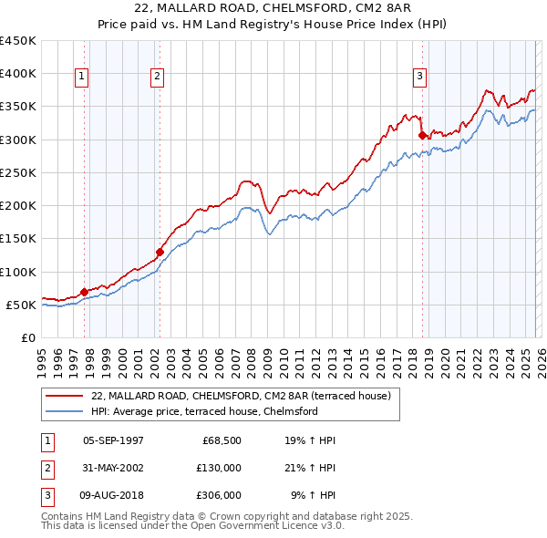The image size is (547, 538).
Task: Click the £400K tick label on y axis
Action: (x=18, y=74)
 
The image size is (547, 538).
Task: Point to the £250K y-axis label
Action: (x=18, y=172)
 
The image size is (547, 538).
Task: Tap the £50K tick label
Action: (x=22, y=305)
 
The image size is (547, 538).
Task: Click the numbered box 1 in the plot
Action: (x=82, y=78)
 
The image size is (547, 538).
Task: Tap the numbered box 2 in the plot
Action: (x=157, y=78)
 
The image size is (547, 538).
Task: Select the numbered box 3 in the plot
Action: (x=420, y=78)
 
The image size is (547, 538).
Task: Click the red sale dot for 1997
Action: (x=85, y=292)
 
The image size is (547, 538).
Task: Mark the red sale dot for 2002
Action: (x=160, y=252)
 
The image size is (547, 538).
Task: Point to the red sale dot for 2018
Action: (x=422, y=135)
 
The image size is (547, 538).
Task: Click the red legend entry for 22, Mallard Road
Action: (x=241, y=396)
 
